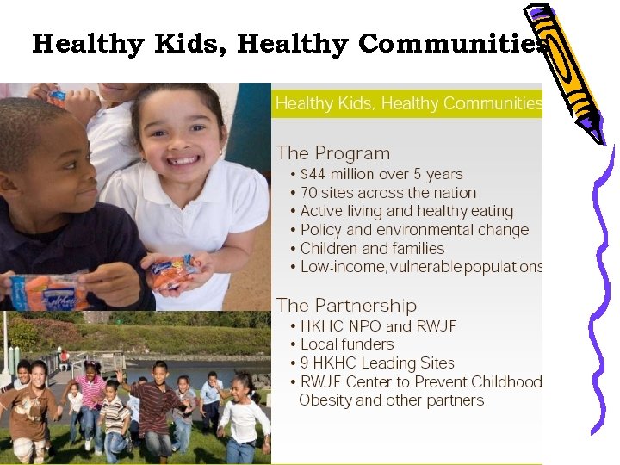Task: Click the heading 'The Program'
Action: coord(332,153)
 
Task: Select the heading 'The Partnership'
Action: coord(345,306)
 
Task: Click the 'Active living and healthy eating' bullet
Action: coord(406,211)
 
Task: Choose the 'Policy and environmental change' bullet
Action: coord(414,230)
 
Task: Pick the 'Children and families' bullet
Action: coord(372,248)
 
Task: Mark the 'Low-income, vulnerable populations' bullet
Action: coord(421,267)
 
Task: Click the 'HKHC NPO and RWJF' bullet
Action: coord(378,326)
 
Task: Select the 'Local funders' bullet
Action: coord(347,344)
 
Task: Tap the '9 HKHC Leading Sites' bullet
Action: coord(377,363)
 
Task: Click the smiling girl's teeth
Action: coord(183,159)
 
